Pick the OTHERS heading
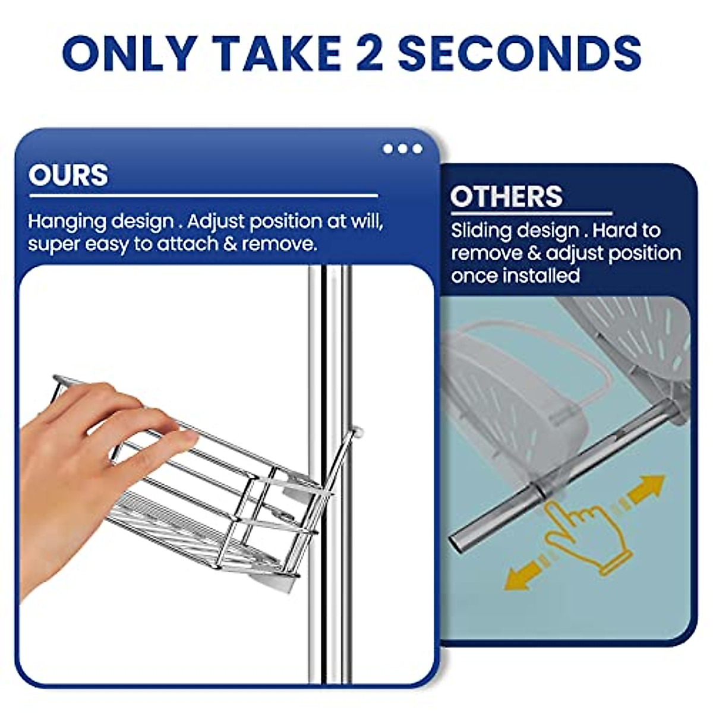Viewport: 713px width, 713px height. (506, 197)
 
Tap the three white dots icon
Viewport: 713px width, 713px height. (402, 149)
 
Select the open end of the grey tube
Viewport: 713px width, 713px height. (459, 542)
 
